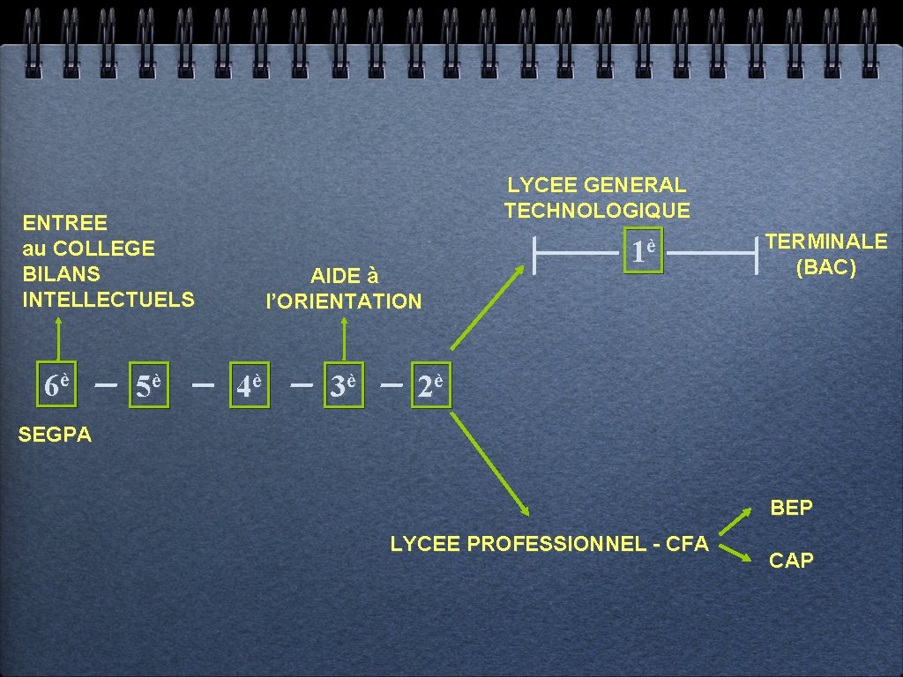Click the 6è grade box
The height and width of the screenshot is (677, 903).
57,384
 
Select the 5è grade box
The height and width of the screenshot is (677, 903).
147,385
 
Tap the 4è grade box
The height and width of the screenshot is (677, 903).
248,385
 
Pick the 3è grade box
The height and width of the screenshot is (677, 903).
343,385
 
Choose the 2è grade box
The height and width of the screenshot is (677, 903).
430,385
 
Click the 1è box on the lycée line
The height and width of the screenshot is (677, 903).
642,253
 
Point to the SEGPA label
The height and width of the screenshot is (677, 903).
55,435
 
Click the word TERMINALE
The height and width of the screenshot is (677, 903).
826,242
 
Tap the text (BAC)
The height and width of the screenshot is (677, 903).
825,268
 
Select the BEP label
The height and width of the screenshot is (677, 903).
791,508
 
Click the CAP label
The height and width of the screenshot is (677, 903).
791,561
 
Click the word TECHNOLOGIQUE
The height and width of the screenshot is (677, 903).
597,211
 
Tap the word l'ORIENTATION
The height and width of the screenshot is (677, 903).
344,301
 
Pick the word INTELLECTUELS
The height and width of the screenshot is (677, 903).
108,300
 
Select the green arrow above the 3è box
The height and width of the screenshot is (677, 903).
344,338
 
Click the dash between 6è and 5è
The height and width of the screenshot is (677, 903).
106,385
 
